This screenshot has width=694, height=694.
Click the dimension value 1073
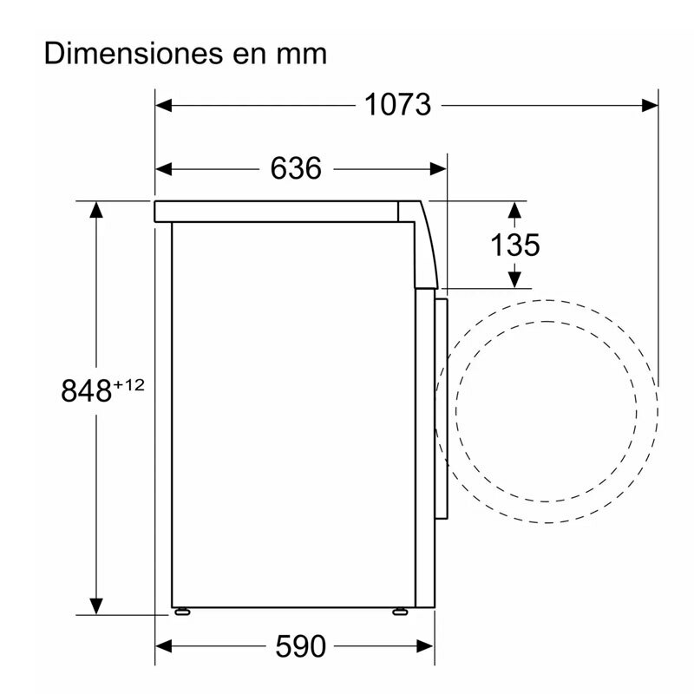(397, 105)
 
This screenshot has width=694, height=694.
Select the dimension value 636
(296, 168)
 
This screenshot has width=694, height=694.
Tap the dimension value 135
(514, 245)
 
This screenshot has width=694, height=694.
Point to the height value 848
(87, 391)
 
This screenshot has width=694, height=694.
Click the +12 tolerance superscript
(128, 384)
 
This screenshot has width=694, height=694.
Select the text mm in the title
(302, 55)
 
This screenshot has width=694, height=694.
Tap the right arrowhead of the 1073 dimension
(650, 105)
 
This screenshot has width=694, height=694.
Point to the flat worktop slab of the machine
(278, 211)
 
